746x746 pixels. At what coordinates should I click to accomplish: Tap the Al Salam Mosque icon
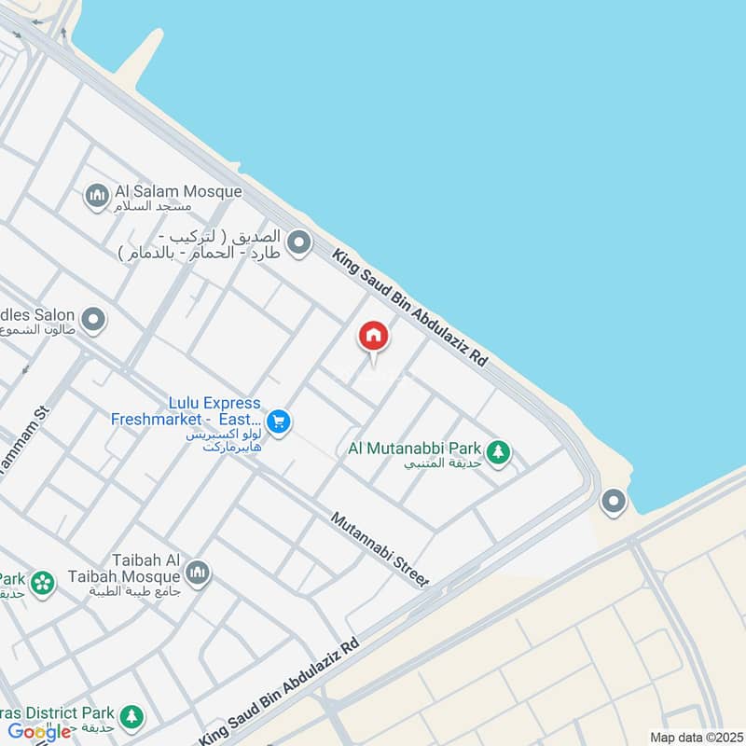click(96, 197)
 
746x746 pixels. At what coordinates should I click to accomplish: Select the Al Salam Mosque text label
click(178, 192)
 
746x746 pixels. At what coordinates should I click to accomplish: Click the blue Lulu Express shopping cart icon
click(277, 422)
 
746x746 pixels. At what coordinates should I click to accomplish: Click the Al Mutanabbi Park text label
click(415, 449)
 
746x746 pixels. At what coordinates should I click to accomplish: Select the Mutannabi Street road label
click(380, 549)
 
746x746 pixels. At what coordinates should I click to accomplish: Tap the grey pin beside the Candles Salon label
click(93, 321)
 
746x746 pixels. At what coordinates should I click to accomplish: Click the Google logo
click(39, 732)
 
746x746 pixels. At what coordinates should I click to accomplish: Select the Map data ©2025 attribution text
click(696, 737)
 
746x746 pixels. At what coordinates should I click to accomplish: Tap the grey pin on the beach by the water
click(614, 503)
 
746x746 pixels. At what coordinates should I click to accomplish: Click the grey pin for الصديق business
click(298, 244)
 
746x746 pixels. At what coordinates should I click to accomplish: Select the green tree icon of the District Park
click(131, 717)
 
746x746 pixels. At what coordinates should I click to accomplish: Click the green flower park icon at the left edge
click(41, 584)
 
